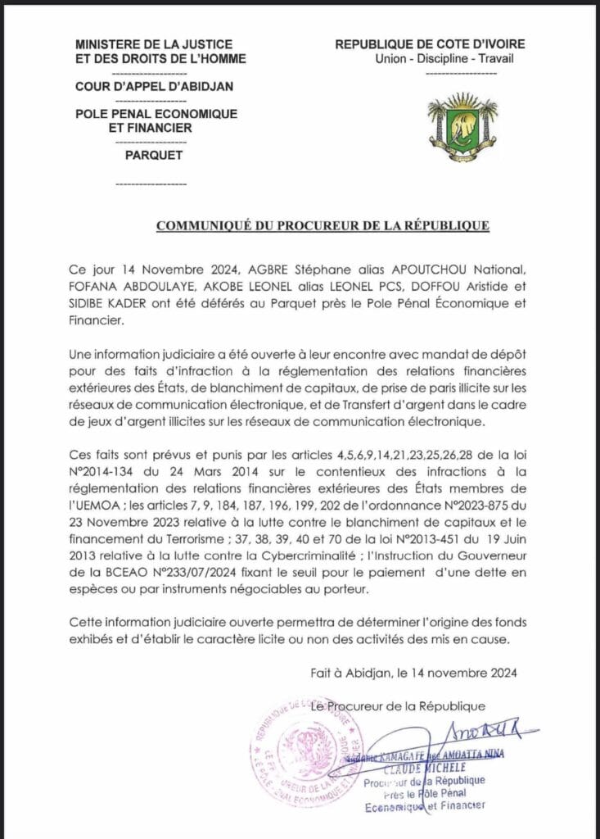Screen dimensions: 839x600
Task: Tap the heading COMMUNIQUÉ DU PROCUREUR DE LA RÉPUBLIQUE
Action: point(323,224)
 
